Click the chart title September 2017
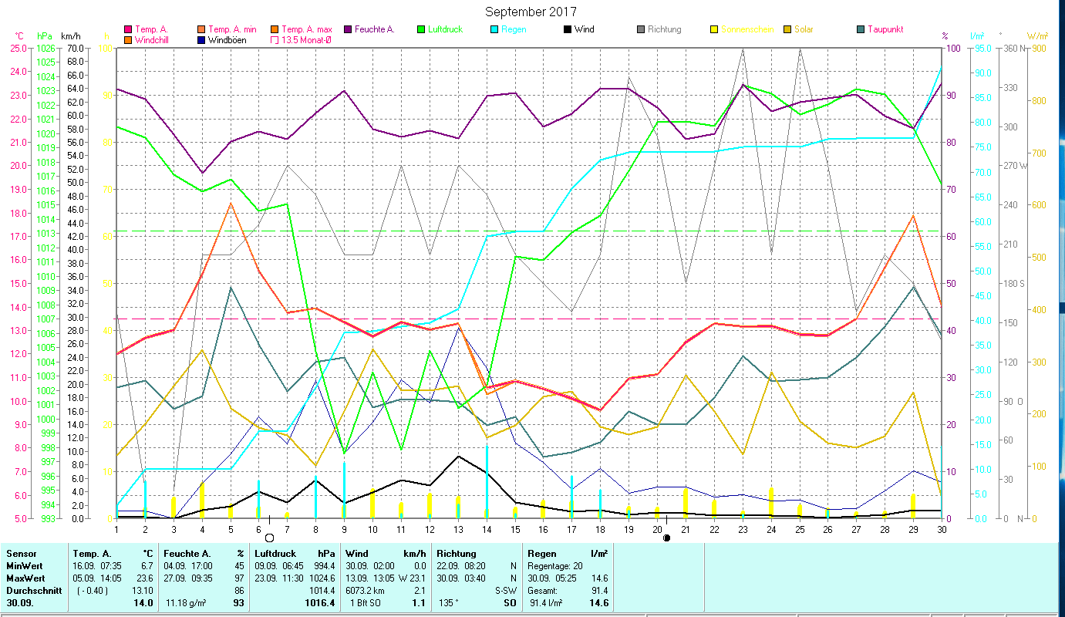531,12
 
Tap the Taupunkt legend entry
885,29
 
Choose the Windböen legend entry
227,40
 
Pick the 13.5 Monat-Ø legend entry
307,40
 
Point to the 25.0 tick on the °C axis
17,48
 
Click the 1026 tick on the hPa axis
45,48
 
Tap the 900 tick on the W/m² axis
1039,48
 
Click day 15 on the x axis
515,528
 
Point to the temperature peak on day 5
231,204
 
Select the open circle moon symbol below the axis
269,537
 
